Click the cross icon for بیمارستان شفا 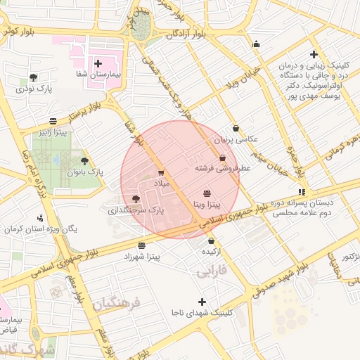[x=98, y=64]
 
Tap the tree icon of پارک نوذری [x=33, y=77]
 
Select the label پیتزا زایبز [x=53, y=132]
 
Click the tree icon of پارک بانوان [x=85, y=161]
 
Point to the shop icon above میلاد [x=161, y=172]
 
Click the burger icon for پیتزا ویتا [x=207, y=193]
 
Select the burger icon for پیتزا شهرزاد [x=143, y=245]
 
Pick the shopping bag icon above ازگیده [x=211, y=241]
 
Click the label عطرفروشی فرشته [x=223, y=169]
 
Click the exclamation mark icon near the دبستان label [x=302, y=191]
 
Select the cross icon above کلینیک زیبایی [x=314, y=55]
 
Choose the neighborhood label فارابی [x=211, y=269]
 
